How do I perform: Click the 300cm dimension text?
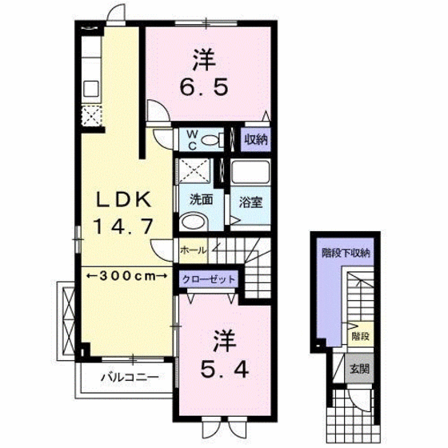tap(122, 275)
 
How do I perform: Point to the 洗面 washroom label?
tap(200, 200)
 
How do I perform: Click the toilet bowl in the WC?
tap(213, 140)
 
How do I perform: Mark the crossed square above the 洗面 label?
tap(193, 170)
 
